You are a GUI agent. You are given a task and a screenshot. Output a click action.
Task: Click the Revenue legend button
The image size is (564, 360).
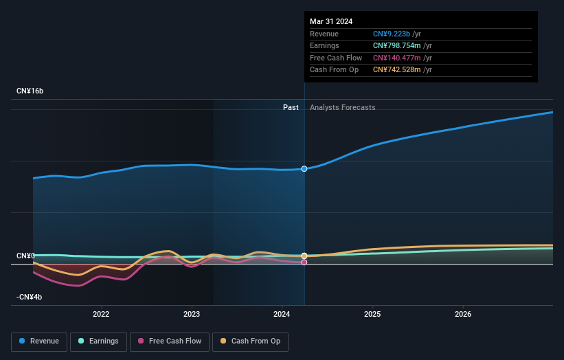pos(39,341)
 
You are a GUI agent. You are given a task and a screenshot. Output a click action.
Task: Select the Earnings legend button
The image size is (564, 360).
pos(99,341)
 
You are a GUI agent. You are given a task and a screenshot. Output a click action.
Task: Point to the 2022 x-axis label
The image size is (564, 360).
pos(101,315)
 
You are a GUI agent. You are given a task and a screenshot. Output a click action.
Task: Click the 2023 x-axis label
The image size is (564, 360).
pos(192,315)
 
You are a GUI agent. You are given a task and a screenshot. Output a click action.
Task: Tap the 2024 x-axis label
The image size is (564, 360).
pos(282,315)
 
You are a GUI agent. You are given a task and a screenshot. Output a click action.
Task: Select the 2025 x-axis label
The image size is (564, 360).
pos(372,315)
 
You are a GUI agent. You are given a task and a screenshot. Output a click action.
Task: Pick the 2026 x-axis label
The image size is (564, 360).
pos(463,315)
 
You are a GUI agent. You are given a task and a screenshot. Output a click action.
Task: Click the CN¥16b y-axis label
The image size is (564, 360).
pos(30,91)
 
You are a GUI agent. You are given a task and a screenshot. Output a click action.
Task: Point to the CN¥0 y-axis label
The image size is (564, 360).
pos(25,256)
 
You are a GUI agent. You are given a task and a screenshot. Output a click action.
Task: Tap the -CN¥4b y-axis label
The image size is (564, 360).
pos(30,297)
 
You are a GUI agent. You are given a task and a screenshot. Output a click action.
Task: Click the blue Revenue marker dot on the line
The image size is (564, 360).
pos(304,168)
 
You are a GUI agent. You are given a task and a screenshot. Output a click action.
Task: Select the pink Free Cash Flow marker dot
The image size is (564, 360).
pos(304,262)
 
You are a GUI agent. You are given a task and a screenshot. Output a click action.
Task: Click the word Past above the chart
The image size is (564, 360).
pos(291,107)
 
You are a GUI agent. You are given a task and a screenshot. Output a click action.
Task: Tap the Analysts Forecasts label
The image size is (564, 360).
pos(343,107)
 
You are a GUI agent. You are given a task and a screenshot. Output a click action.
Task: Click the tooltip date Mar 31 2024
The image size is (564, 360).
pos(331,21)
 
